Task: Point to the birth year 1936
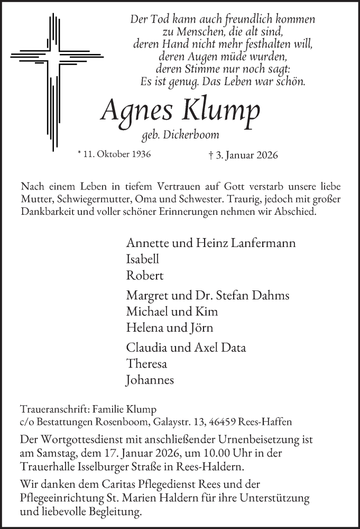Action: point(138,155)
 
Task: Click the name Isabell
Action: point(143,259)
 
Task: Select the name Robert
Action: point(145,276)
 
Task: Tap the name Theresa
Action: point(146,363)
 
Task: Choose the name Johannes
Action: point(150,379)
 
